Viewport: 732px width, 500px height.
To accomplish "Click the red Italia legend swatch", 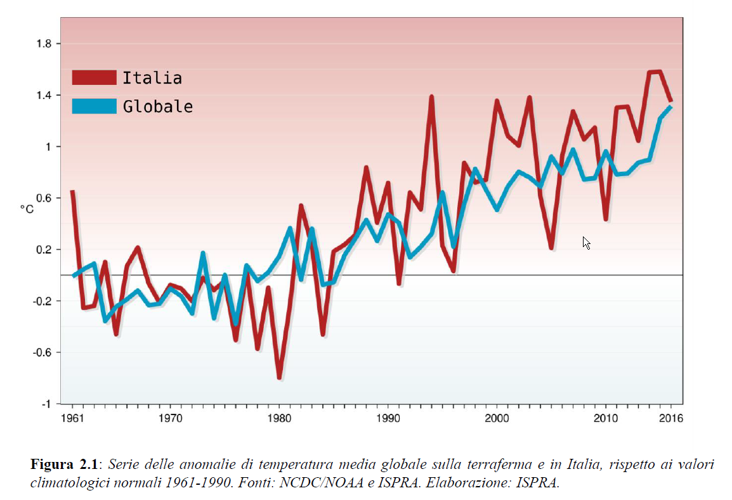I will point(94,78).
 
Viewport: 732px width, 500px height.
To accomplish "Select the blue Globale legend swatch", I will point(94,106).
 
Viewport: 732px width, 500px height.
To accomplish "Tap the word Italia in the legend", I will point(152,78).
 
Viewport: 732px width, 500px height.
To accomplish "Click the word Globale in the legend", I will point(158,106).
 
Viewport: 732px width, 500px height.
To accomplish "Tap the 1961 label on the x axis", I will point(72,418).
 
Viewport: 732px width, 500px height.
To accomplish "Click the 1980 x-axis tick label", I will point(279,418).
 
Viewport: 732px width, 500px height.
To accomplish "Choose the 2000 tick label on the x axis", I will point(497,418).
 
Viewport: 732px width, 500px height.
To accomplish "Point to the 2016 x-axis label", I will point(671,418).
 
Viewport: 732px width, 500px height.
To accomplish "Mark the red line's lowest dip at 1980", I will point(279,377).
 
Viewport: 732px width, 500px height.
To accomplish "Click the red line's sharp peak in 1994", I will point(431,97).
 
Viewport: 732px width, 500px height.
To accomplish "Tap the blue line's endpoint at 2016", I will point(670,107).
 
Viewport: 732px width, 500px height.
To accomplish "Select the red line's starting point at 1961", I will point(72,191).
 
